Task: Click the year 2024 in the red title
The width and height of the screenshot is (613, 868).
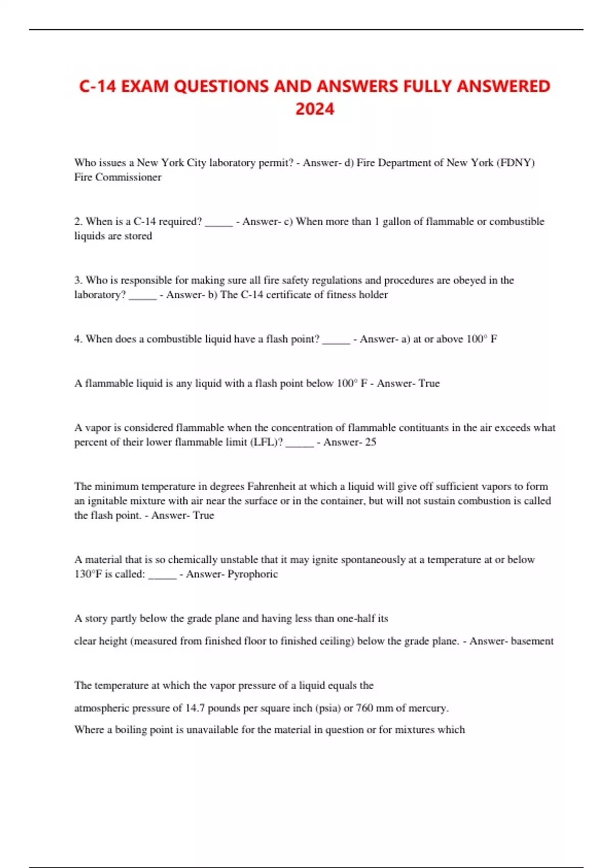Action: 315,109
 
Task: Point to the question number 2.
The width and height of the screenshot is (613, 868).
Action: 78,222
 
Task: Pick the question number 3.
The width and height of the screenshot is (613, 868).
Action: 78,280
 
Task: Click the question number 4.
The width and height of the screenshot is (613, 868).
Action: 78,339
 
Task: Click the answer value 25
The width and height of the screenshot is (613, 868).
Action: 370,442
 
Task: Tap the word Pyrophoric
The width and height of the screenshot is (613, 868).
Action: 252,574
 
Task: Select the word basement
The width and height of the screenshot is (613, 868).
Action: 532,641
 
